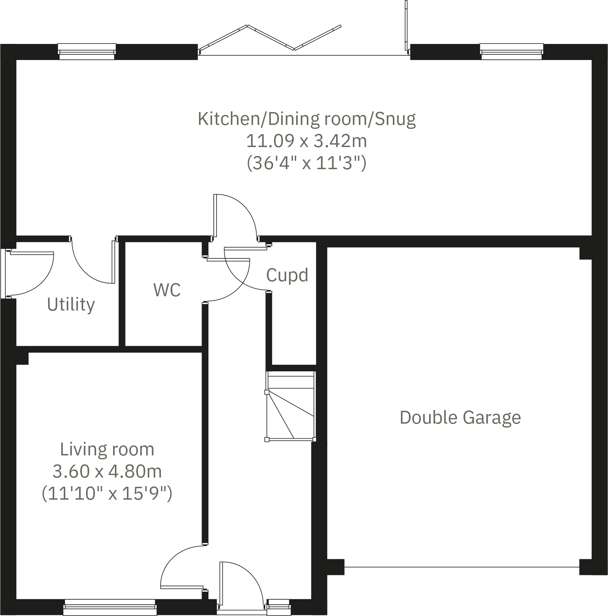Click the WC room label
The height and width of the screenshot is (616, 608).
[x=167, y=290]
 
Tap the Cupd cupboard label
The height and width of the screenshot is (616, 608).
[x=287, y=275]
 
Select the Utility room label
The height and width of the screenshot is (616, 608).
[x=71, y=305]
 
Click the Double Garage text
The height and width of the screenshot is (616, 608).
[x=460, y=417]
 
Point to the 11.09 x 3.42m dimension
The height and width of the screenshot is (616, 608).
[x=306, y=141]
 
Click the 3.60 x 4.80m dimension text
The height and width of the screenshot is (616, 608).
[x=107, y=471]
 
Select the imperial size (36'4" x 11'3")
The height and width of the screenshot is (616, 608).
[x=306, y=163]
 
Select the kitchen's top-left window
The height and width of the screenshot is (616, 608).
[x=87, y=51]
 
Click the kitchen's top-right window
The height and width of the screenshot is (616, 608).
[x=511, y=51]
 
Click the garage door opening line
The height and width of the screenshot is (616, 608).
[x=461, y=567]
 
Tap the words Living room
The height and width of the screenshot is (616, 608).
[x=107, y=449]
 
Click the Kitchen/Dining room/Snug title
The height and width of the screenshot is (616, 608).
[x=306, y=119]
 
